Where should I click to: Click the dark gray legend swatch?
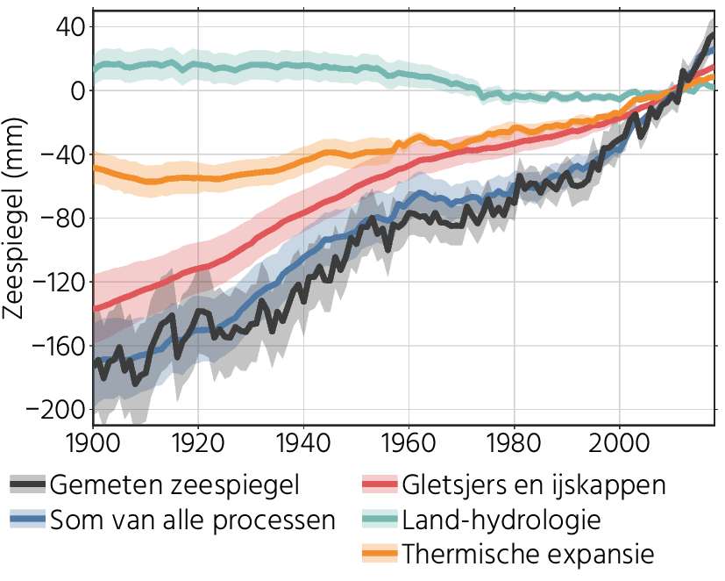[27, 484]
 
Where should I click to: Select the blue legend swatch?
[27, 519]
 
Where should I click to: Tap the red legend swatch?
[380, 484]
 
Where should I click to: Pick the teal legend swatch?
[380, 519]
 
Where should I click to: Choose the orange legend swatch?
[380, 553]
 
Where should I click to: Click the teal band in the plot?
[263, 66]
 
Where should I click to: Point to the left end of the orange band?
[95, 169]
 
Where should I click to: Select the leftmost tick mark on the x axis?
[93, 427]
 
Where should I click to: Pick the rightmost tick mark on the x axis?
[620, 427]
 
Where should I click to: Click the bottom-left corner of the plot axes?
[93, 425]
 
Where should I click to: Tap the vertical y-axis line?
[93, 219]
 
